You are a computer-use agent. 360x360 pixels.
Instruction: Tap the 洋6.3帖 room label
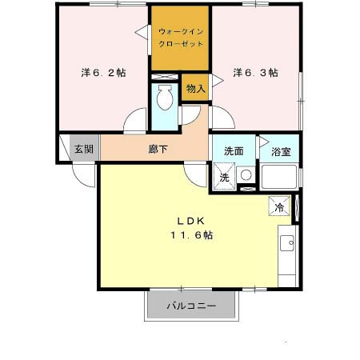[255, 72]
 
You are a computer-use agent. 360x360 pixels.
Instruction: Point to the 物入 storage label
[195, 88]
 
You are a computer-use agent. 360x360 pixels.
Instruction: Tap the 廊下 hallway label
[157, 149]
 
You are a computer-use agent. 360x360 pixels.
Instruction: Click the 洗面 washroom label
[234, 150]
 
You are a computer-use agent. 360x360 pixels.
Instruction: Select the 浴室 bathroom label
[280, 150]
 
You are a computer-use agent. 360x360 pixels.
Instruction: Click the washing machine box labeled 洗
[224, 177]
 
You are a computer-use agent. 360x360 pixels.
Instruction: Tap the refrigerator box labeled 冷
[279, 206]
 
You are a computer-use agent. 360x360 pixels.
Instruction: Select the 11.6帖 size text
[190, 235]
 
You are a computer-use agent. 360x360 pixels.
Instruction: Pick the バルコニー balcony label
[191, 306]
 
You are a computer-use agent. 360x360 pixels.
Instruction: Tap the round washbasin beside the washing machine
[246, 175]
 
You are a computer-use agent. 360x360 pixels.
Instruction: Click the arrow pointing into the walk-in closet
[141, 32]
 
